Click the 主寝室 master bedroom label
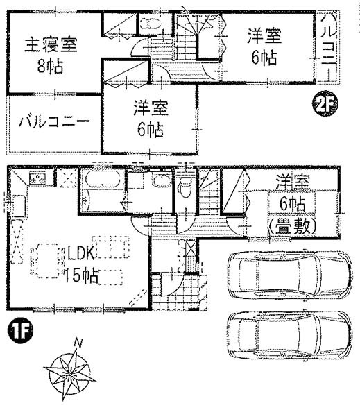[x=51, y=45]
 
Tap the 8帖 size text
[x=50, y=67]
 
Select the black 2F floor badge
[x=325, y=103]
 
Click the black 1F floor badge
[x=20, y=330]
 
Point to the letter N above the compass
[x=78, y=343]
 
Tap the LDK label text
[x=80, y=253]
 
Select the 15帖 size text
[x=81, y=275]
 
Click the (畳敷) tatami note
[x=293, y=226]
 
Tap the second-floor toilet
[x=150, y=24]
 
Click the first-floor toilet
[x=185, y=187]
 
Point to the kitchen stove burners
[x=37, y=178]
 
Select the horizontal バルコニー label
[x=54, y=122]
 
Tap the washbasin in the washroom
[x=161, y=180]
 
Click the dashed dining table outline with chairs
[x=47, y=261]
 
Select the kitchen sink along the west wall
[x=18, y=206]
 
